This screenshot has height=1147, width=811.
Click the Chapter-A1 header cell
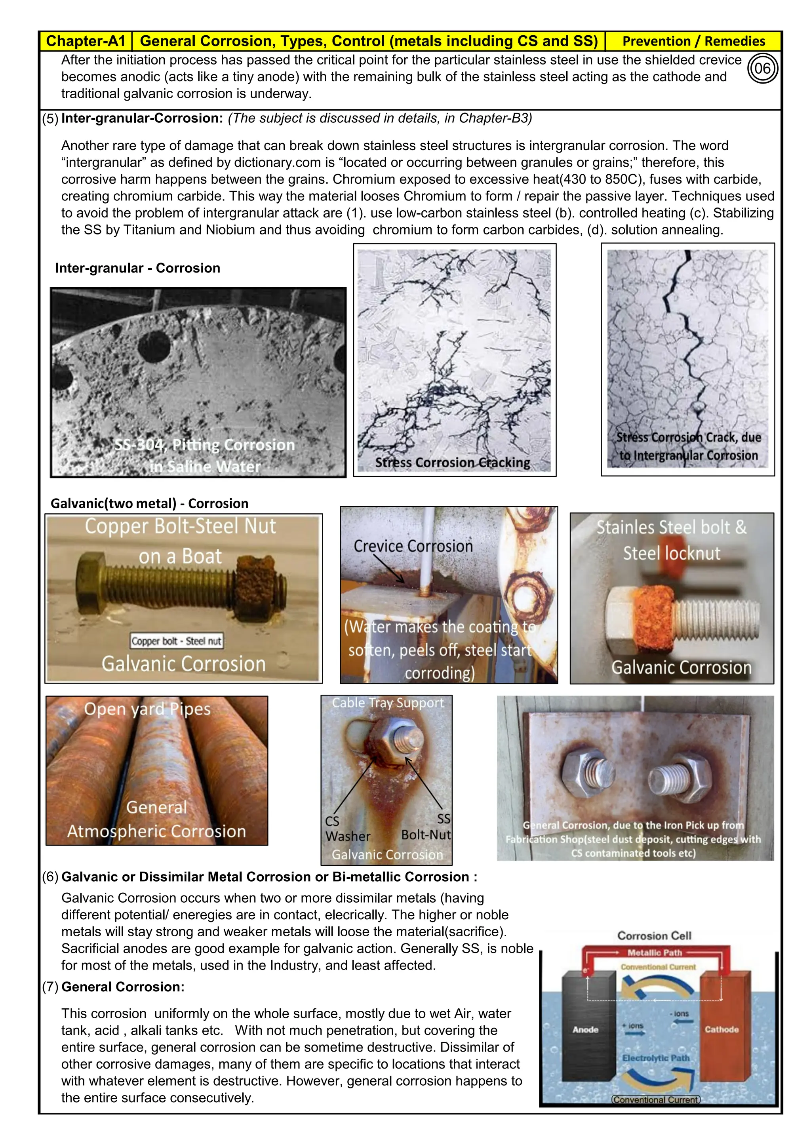(x=86, y=41)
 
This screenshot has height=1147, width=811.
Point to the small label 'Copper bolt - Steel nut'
(x=176, y=641)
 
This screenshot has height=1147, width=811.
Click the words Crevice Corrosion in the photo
(x=413, y=546)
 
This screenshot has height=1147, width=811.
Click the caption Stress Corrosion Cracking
(x=453, y=463)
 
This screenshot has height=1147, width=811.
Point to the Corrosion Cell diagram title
(x=654, y=936)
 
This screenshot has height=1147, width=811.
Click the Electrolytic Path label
(x=656, y=1058)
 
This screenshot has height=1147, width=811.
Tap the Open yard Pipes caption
(x=147, y=709)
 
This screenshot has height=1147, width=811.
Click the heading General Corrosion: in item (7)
(x=123, y=987)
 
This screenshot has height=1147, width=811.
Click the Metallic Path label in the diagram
(x=654, y=953)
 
